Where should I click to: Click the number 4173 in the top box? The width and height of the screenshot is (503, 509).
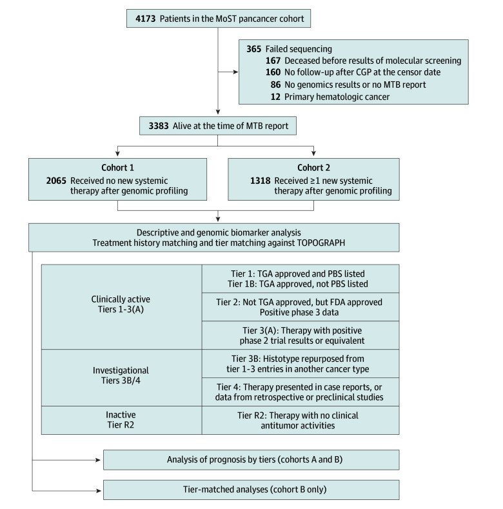click(x=145, y=19)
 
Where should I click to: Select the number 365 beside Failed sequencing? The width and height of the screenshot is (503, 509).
click(x=254, y=49)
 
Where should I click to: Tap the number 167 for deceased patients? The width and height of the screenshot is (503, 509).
click(x=273, y=61)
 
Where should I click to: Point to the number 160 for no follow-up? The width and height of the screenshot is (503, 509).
click(x=273, y=72)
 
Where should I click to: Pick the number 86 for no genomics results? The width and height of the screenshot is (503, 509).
click(x=275, y=85)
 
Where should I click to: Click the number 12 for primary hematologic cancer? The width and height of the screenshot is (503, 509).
click(x=275, y=97)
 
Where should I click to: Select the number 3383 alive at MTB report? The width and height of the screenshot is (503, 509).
click(x=159, y=126)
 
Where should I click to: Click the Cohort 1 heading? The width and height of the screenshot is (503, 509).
click(x=117, y=168)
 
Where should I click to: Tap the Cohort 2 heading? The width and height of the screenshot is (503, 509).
click(x=313, y=168)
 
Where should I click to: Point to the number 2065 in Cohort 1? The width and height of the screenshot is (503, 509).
click(x=56, y=181)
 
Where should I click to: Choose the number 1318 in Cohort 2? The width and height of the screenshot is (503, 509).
click(x=261, y=181)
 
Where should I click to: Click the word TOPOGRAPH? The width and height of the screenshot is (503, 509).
click(x=321, y=243)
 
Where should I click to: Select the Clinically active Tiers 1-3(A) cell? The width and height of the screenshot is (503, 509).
click(x=122, y=307)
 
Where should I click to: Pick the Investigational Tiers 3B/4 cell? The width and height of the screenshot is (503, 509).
click(x=122, y=378)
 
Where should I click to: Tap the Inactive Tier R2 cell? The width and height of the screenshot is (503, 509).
click(x=122, y=420)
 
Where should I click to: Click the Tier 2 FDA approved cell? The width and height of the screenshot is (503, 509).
click(x=301, y=307)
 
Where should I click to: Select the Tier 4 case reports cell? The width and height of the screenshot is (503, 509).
click(x=301, y=392)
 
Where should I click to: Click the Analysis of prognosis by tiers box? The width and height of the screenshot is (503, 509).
click(x=251, y=460)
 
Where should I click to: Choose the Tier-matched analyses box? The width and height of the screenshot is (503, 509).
click(x=251, y=490)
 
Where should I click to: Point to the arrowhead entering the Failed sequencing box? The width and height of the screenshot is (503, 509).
click(x=235, y=72)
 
